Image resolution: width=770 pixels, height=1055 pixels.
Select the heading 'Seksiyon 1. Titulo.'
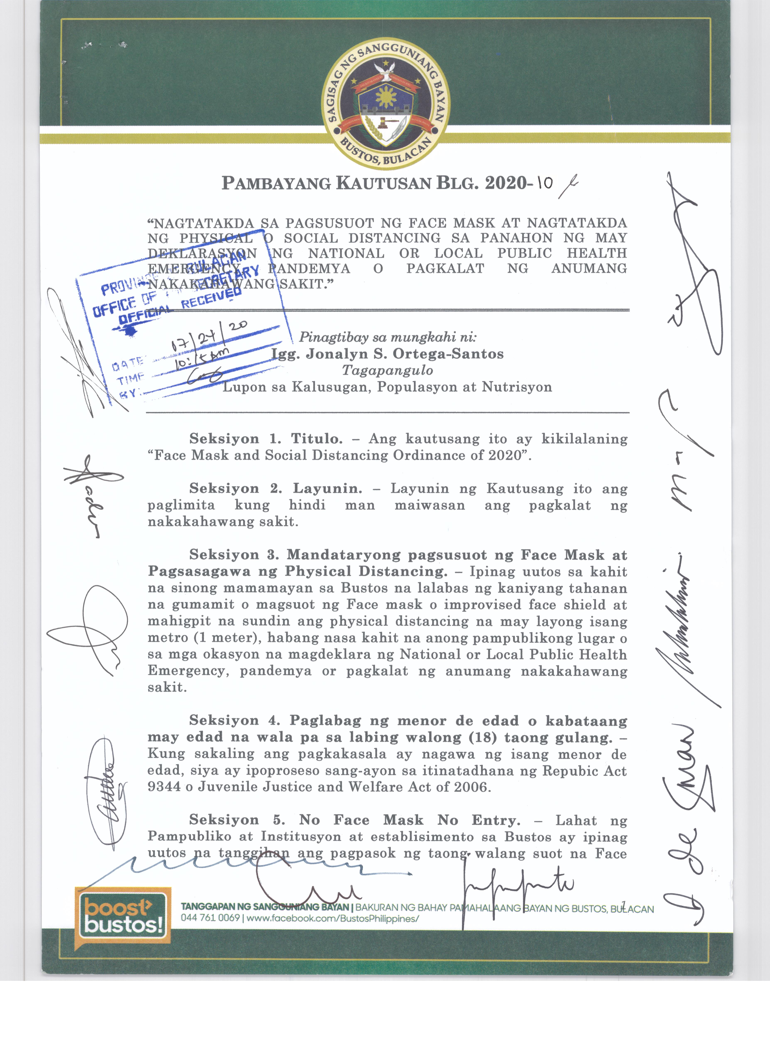(x=266, y=439)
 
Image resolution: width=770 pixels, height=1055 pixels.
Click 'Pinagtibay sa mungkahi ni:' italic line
(x=387, y=337)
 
